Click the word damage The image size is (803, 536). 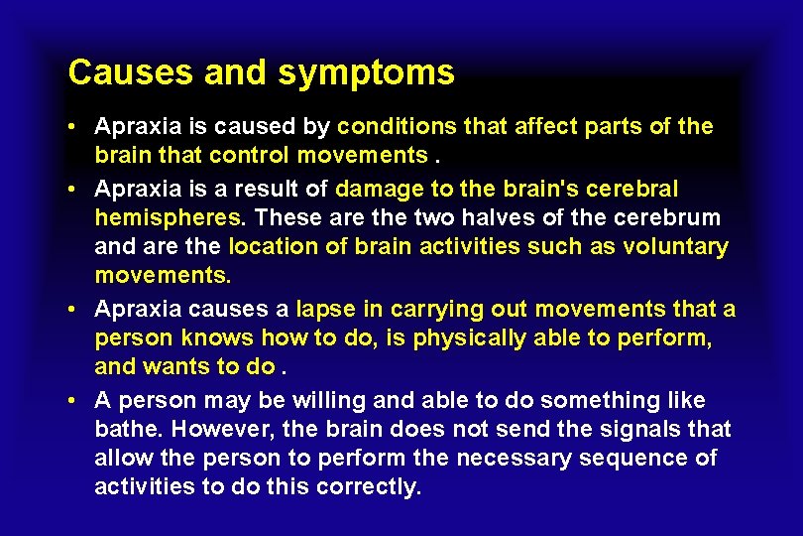(x=377, y=189)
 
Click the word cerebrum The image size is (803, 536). (x=669, y=217)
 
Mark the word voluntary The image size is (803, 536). (x=675, y=246)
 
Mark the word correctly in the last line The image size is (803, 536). (x=372, y=487)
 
